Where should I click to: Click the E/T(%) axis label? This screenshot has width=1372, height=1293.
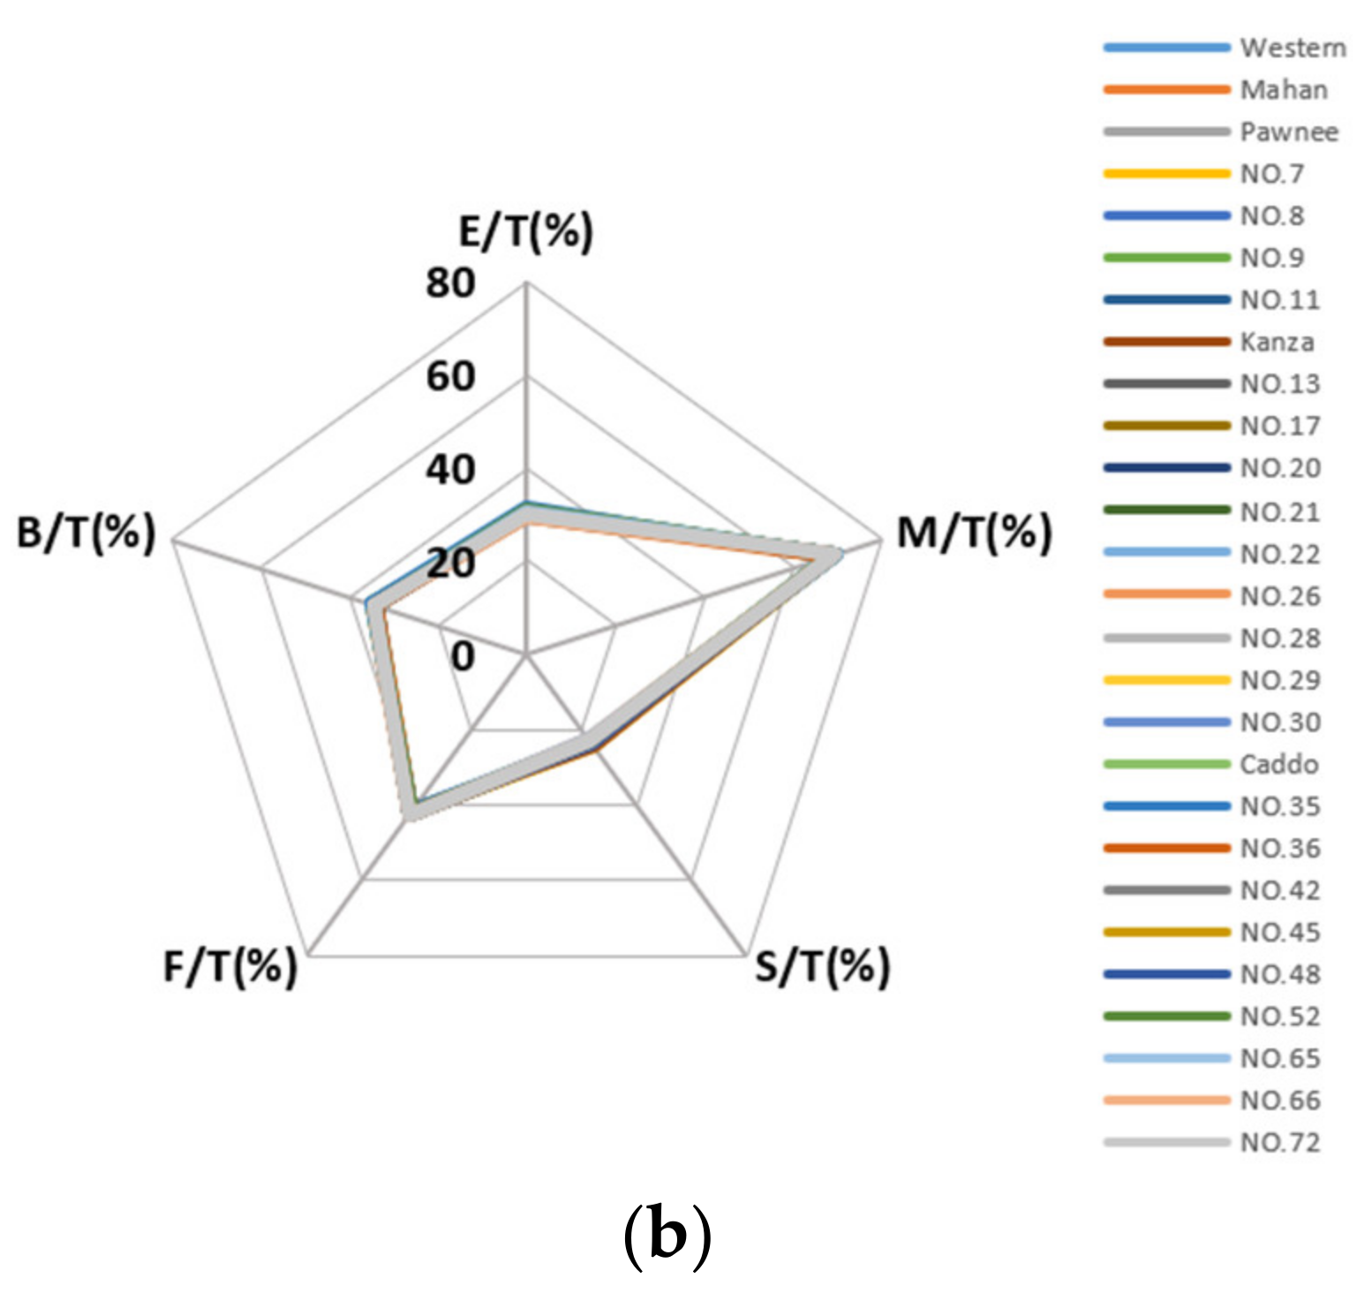[526, 231]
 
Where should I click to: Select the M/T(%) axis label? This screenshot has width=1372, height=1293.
[975, 533]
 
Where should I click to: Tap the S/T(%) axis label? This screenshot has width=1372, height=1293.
[822, 966]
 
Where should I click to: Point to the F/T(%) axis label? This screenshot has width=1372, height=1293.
[230, 966]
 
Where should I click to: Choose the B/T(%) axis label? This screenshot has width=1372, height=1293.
[86, 533]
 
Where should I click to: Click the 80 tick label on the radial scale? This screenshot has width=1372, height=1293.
[449, 284]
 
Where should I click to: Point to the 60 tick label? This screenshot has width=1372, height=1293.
[449, 377]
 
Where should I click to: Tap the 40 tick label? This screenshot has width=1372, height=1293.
[449, 470]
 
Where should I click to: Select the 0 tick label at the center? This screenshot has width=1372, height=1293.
[463, 656]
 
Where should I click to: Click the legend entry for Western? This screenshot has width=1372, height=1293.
[1293, 48]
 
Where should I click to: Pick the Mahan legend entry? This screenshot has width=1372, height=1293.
[1283, 90]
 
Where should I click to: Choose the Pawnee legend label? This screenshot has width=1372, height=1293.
[1288, 132]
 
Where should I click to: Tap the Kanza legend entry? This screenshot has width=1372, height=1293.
[1277, 342]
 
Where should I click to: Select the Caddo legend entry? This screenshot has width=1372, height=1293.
[1278, 764]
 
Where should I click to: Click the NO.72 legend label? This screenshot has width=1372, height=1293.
[1280, 1143]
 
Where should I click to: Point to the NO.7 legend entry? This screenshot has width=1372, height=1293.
[1271, 174]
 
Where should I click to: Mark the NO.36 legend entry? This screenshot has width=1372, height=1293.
[1280, 849]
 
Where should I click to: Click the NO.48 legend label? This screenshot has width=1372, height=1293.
[1280, 974]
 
